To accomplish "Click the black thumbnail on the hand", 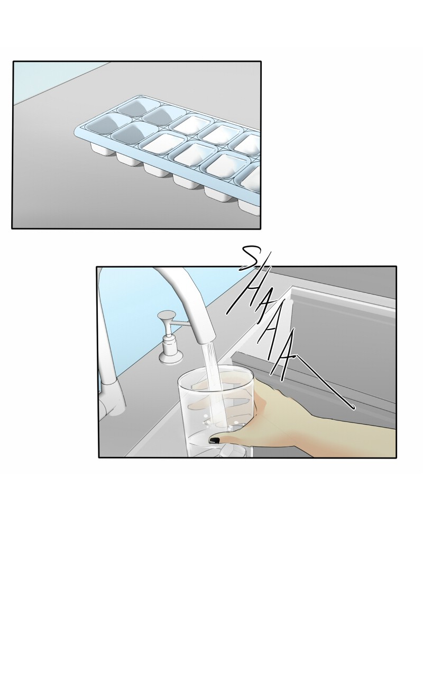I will pos(214,440).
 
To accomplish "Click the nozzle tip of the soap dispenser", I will pos(161,316).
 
